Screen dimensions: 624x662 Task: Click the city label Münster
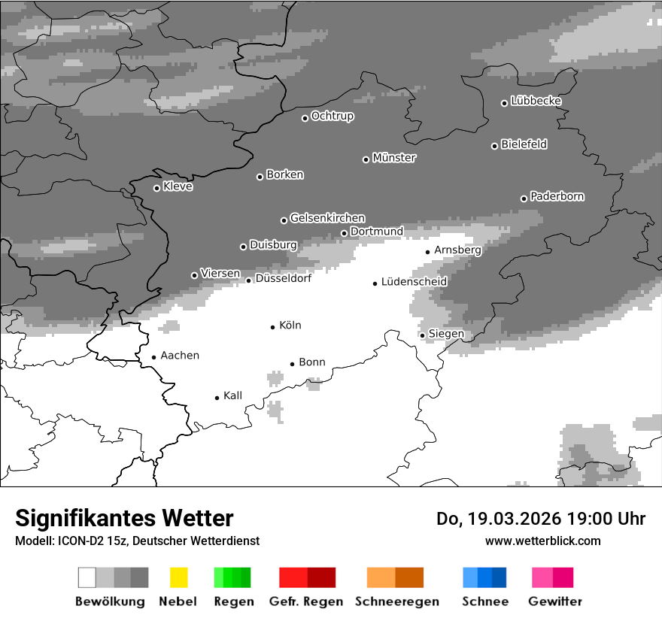(394, 158)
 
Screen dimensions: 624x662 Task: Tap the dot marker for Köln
(273, 327)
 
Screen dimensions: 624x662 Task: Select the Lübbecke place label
(536, 101)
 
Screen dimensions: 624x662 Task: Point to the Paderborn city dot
(524, 198)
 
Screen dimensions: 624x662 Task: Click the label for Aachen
(180, 356)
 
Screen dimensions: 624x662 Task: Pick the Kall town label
(232, 395)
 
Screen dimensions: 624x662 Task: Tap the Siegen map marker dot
(423, 335)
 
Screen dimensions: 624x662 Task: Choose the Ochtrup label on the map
(333, 116)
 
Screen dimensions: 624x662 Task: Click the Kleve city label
(178, 186)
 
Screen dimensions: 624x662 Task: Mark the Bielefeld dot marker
(494, 146)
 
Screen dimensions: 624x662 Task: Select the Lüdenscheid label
(414, 282)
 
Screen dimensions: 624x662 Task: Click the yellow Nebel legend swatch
(178, 577)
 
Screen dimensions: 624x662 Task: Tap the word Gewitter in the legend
(555, 601)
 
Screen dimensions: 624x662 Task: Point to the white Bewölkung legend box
(87, 577)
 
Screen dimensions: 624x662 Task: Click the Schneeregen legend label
(397, 601)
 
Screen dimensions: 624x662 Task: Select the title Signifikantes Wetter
(124, 519)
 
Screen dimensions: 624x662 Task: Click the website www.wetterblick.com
(542, 541)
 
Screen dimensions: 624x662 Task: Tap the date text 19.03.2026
(515, 519)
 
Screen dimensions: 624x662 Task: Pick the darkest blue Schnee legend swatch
(499, 577)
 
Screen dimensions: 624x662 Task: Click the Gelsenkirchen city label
(327, 218)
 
